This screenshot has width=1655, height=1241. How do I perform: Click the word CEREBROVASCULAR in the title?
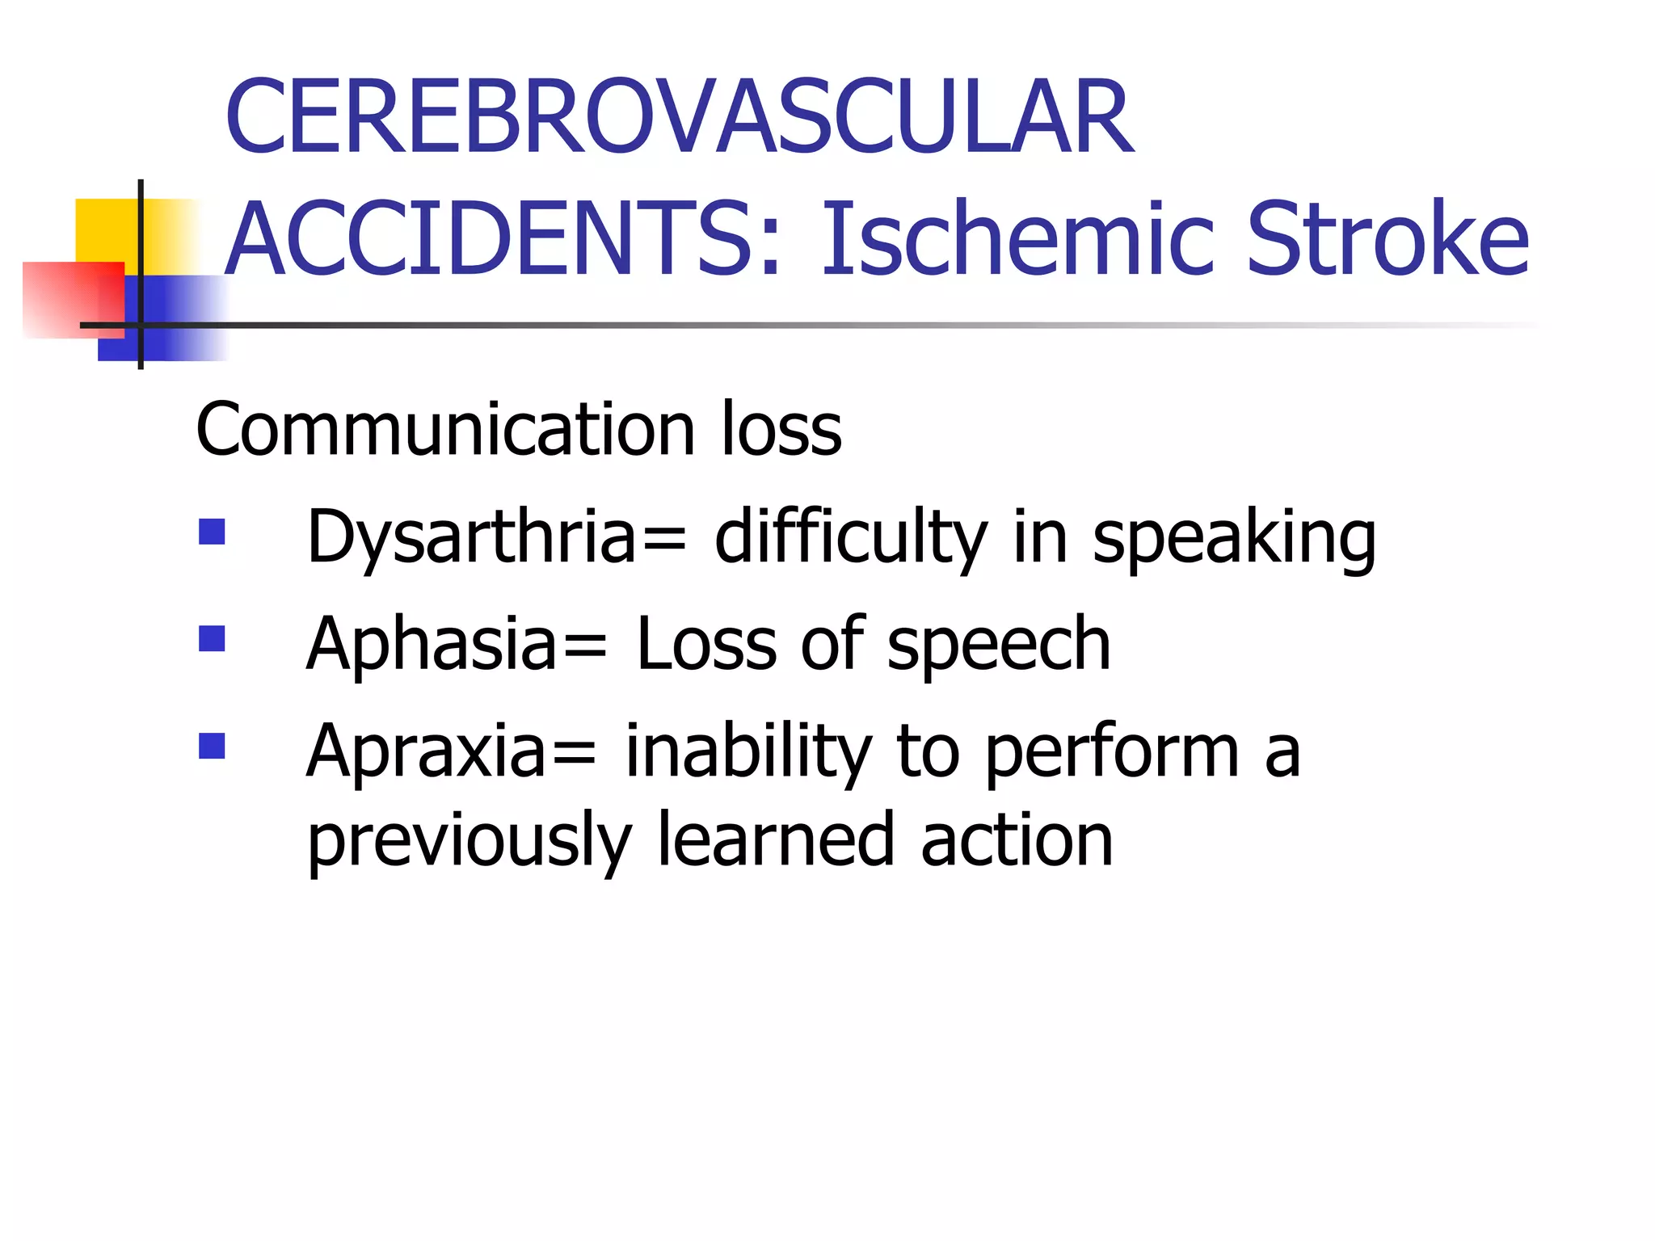[679, 117]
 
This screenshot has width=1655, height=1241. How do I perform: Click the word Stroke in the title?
[1388, 240]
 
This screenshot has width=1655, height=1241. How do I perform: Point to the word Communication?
[445, 429]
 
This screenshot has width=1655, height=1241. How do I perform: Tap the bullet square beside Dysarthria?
[212, 532]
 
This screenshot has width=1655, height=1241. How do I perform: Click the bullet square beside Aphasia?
[212, 638]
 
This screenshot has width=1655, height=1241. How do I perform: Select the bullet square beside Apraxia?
[212, 746]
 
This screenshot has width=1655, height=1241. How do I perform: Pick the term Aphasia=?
[457, 645]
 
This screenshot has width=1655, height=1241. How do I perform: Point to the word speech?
[999, 645]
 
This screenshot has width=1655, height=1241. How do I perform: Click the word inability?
[747, 752]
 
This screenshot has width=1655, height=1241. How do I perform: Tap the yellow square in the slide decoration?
[105, 230]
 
